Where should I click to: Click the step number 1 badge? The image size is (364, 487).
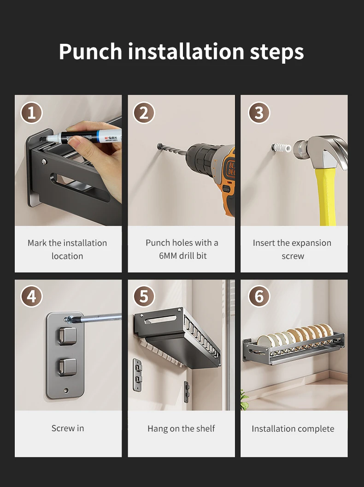pos(31,113)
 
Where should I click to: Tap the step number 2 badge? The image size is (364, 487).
pos(144,113)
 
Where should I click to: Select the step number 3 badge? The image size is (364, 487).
pos(259,113)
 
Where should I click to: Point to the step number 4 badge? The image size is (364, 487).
pos(31,296)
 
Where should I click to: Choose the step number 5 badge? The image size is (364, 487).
pos(144,296)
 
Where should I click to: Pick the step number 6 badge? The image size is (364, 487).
pos(259,296)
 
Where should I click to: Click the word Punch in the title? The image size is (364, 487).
pos(90,51)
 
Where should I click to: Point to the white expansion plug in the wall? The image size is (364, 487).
pos(282,148)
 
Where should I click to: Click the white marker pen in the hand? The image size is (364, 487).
pos(83,137)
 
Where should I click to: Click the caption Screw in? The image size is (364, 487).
pos(68,428)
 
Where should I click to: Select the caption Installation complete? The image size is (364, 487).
pos(293,428)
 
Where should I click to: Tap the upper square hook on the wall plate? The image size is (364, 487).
pos(68,336)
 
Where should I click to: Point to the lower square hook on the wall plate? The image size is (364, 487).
pos(68,367)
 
